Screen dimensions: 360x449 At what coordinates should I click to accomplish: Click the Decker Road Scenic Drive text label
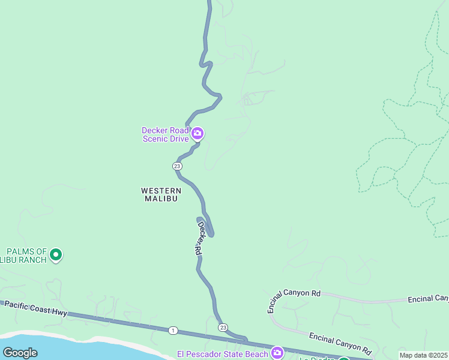(x=165, y=134)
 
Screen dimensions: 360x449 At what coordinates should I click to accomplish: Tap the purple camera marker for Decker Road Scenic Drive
(x=197, y=133)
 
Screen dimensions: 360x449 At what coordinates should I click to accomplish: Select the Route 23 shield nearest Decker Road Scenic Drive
(x=177, y=166)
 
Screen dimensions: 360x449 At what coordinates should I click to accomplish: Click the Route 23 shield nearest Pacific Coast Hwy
(x=223, y=327)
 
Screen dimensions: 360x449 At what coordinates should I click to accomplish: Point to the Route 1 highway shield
(x=173, y=330)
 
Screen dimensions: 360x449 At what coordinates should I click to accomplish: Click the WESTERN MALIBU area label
(x=161, y=194)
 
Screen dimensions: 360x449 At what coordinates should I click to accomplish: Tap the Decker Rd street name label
(x=199, y=239)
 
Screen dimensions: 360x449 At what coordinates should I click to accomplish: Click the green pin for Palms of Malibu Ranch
(x=56, y=256)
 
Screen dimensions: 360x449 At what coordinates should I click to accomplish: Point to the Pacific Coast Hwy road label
(x=36, y=308)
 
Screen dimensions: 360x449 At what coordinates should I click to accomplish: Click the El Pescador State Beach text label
(x=222, y=354)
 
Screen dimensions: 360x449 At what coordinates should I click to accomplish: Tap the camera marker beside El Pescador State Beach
(x=277, y=352)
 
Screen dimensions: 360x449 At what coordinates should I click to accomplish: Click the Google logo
(x=20, y=353)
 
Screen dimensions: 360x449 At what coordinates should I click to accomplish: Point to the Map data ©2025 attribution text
(x=423, y=355)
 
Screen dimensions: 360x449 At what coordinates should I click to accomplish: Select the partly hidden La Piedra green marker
(x=343, y=358)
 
